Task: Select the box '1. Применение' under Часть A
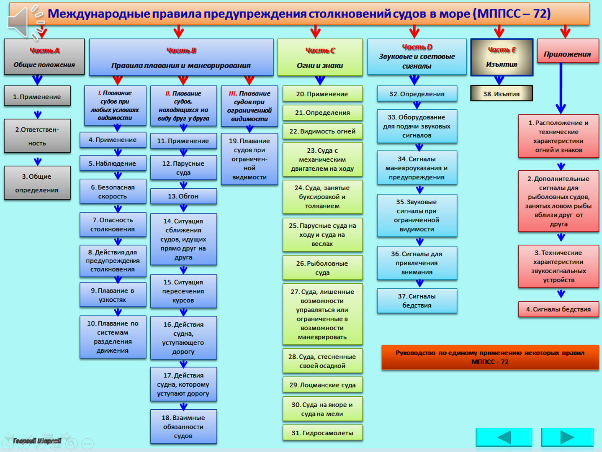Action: click(x=37, y=96)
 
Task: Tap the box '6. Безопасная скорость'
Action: click(x=113, y=192)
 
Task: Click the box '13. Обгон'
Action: click(x=183, y=196)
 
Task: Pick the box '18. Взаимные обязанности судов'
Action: click(x=183, y=426)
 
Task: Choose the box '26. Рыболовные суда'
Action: click(x=322, y=268)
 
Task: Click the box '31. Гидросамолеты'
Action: click(x=322, y=433)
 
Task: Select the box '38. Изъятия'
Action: click(x=502, y=93)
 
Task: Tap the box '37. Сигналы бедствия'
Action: click(x=417, y=300)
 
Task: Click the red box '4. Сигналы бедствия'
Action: click(x=558, y=309)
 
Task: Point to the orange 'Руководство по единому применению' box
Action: click(x=490, y=357)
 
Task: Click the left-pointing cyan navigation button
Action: click(x=504, y=437)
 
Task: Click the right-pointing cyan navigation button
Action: click(x=567, y=437)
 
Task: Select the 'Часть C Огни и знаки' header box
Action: click(x=320, y=57)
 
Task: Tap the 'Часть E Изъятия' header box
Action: click(x=502, y=57)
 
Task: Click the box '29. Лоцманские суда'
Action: click(x=322, y=385)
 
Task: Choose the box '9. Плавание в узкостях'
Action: click(x=113, y=295)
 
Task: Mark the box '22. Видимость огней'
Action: click(x=322, y=131)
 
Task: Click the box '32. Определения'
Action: click(x=417, y=94)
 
